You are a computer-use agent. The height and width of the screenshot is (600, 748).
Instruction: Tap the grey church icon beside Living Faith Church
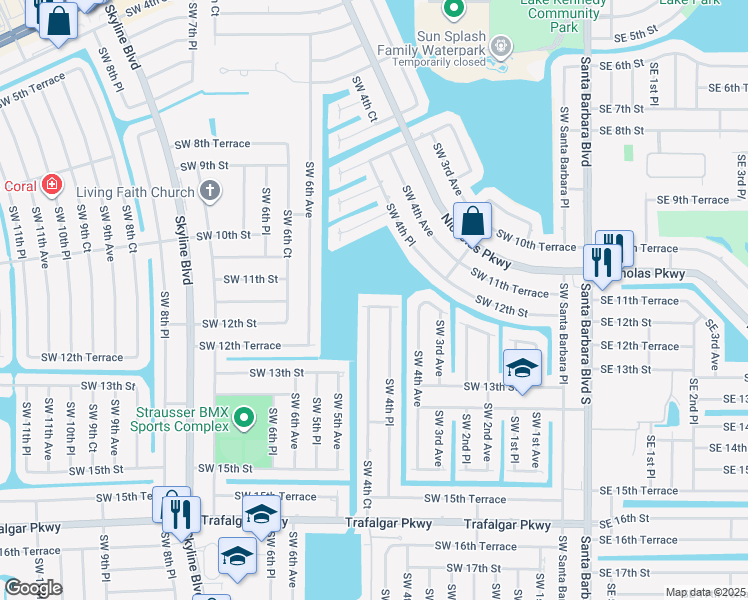click(x=210, y=190)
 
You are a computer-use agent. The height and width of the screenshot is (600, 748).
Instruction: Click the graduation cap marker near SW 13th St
click(x=522, y=368)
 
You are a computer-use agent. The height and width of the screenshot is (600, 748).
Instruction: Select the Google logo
click(x=33, y=588)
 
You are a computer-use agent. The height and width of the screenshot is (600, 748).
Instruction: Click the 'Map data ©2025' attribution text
click(x=705, y=592)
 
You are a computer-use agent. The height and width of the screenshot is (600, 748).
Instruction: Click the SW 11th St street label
click(x=249, y=279)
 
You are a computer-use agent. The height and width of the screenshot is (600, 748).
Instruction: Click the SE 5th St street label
click(x=635, y=35)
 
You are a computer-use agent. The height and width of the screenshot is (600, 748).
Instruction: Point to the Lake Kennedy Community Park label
click(x=563, y=14)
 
